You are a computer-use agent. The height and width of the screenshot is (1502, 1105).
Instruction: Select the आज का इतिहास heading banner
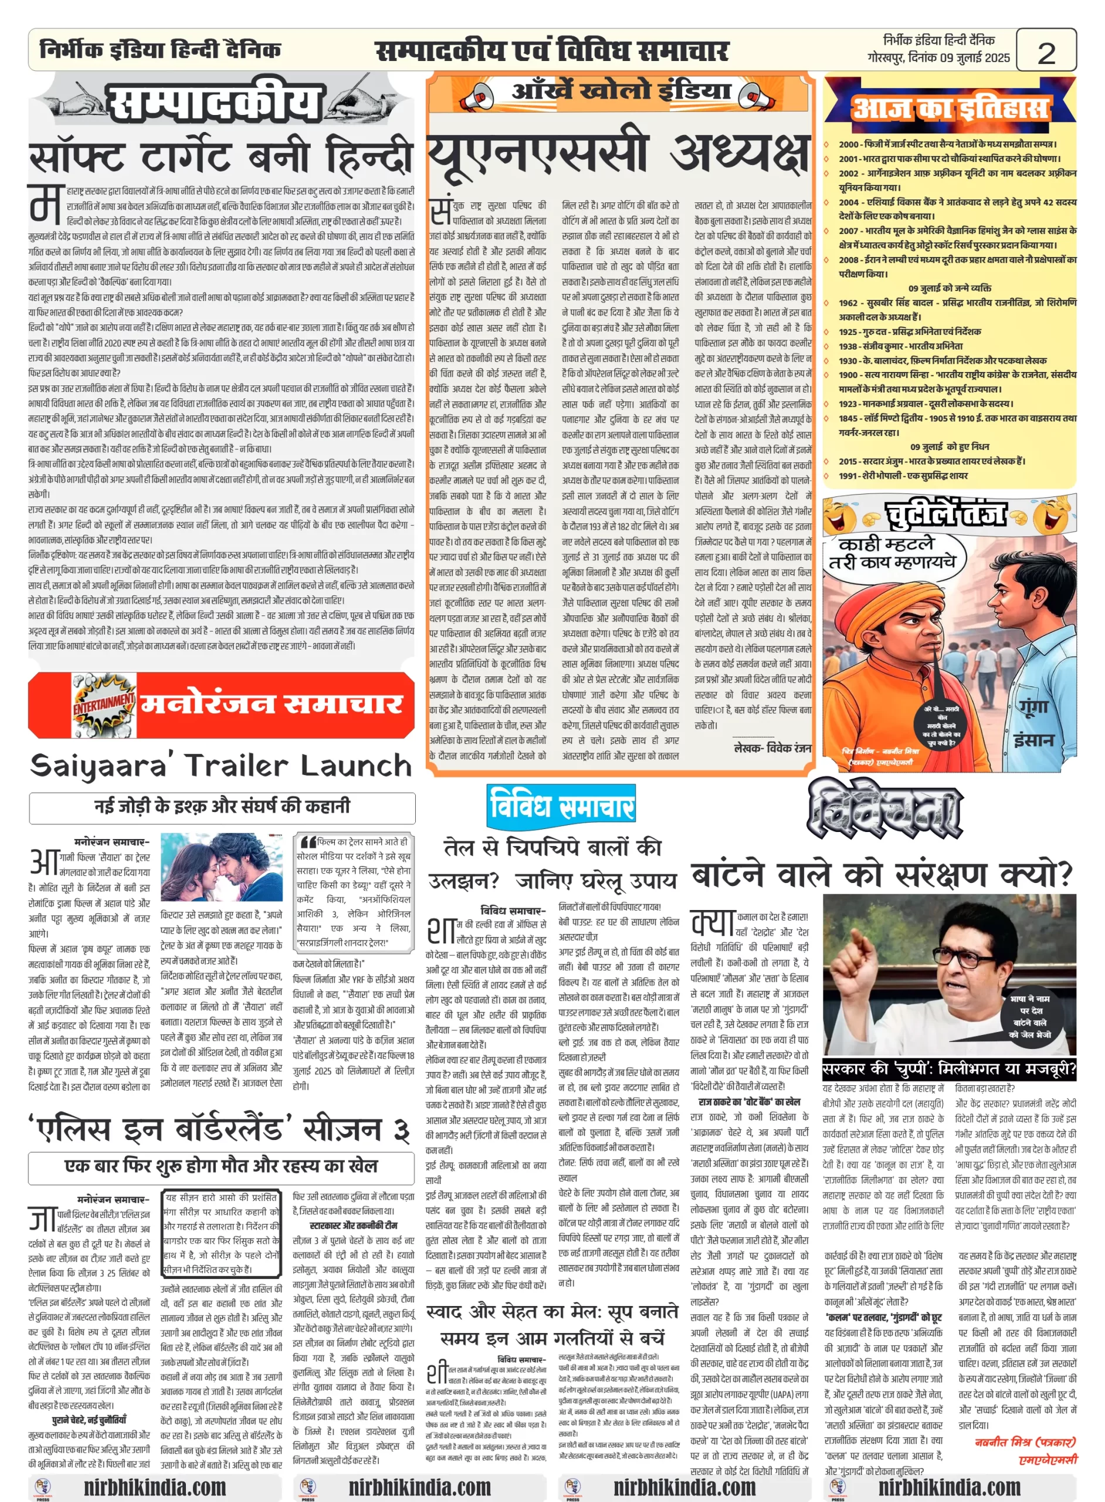coord(950,107)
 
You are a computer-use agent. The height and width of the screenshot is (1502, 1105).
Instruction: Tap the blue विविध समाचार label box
coord(561,805)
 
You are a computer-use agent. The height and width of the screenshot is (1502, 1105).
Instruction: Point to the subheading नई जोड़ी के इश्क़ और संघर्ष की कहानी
coord(222,806)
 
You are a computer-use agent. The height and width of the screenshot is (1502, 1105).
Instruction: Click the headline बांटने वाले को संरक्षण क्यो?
coord(882,874)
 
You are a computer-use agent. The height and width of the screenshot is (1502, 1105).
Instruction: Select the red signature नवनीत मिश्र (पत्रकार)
coord(1025,1442)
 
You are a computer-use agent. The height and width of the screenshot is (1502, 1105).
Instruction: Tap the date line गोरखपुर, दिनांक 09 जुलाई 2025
coord(938,57)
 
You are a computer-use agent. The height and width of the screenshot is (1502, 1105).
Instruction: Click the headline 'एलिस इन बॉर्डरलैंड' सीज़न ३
coord(220,1129)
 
